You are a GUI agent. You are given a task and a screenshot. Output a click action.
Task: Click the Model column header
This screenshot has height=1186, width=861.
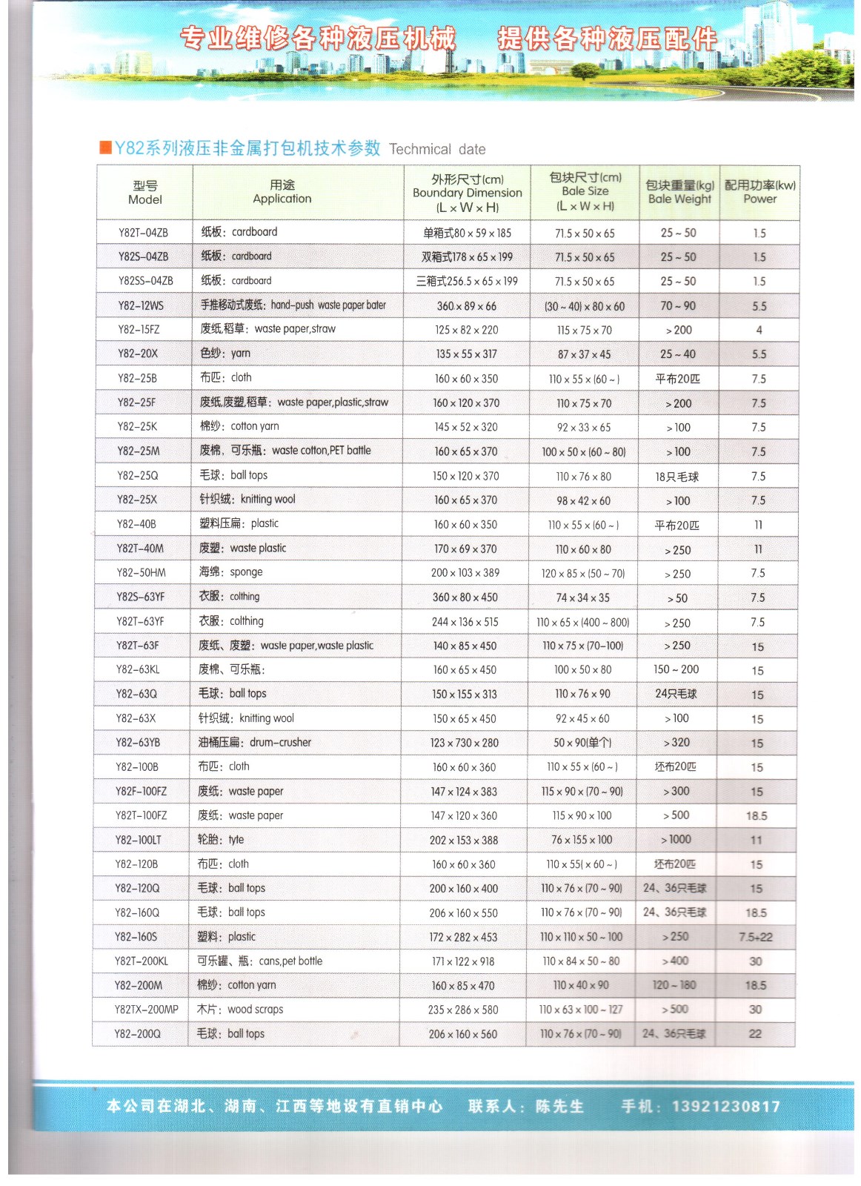point(145,193)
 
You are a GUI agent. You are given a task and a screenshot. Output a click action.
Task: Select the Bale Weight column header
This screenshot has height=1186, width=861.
point(679,192)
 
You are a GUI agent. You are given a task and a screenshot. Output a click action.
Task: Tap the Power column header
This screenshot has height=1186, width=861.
point(759,192)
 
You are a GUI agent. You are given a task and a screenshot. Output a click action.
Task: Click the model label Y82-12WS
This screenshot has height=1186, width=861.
point(141,305)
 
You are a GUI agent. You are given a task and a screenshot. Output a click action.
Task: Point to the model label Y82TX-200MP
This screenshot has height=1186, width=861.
point(146,1010)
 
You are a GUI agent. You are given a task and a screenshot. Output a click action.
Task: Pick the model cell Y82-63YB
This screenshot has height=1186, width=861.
point(138,743)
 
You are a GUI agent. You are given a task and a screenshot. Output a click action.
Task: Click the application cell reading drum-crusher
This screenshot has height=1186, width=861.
point(254,743)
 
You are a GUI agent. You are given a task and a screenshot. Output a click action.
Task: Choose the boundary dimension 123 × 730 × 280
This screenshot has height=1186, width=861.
point(465,743)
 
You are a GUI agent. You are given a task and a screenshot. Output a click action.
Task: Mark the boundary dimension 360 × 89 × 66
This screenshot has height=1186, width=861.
point(466,306)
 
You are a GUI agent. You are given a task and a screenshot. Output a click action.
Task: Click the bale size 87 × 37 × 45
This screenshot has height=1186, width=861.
point(584,354)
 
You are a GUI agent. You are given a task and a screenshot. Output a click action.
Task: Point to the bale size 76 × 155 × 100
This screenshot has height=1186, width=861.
point(582,840)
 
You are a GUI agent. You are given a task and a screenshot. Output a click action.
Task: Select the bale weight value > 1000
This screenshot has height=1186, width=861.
point(676,840)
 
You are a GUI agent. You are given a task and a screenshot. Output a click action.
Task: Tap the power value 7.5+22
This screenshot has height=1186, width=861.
point(755,937)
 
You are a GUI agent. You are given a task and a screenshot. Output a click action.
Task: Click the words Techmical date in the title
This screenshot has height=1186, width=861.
point(437,150)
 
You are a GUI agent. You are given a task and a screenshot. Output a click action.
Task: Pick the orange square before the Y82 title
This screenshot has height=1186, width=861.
point(105,148)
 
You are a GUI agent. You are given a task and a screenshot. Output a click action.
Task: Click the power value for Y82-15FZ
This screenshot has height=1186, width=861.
point(759,330)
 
